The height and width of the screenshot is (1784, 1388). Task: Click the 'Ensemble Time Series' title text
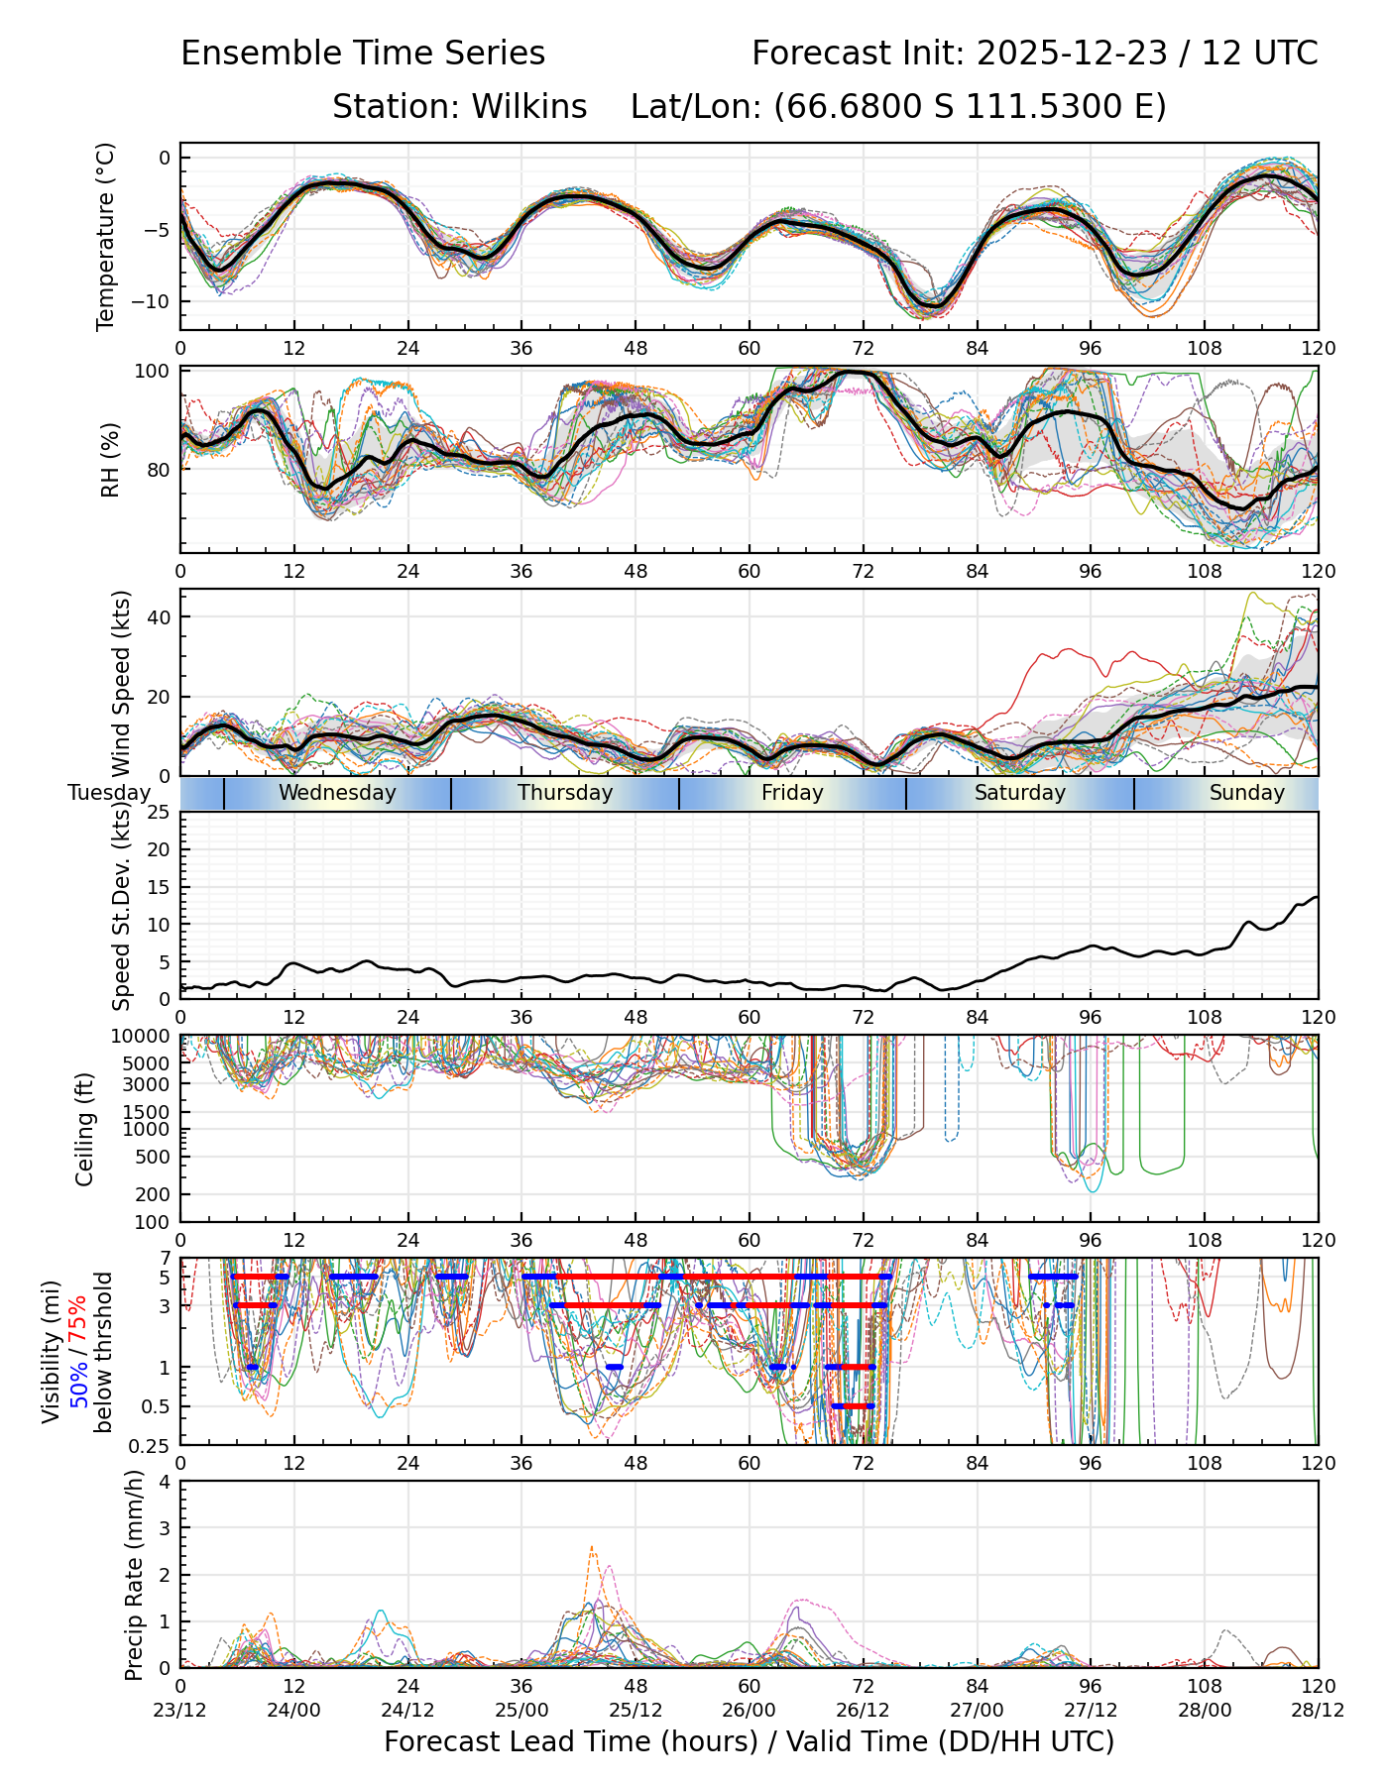363,54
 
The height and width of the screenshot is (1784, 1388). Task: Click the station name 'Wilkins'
529,107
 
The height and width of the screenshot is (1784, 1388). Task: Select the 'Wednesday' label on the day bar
337,793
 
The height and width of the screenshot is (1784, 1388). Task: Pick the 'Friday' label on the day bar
792,793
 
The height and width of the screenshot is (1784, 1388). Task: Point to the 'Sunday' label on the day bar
1246,793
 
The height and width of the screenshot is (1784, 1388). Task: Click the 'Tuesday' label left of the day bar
109,793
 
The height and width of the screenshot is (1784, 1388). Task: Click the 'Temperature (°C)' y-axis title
106,236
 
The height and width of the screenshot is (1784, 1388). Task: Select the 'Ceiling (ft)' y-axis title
85,1129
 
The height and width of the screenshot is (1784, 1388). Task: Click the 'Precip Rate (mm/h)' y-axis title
134,1575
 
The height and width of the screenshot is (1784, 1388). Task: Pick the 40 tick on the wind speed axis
158,617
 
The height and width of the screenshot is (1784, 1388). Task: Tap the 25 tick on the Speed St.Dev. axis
158,813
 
